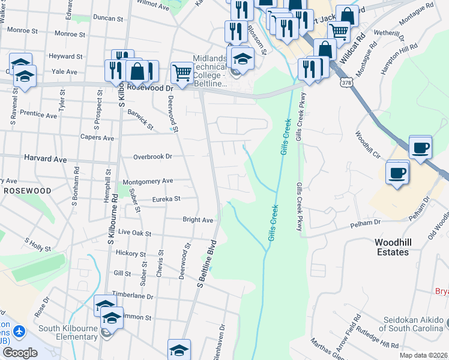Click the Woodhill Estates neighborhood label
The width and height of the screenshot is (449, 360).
pos(400,247)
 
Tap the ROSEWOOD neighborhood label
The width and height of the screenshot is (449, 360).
pos(28,190)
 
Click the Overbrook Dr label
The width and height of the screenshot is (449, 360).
pos(152,157)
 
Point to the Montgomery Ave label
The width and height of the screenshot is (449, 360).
pos(147,181)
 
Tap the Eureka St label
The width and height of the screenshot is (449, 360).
pos(166,199)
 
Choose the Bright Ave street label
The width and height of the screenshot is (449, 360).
pos(198,220)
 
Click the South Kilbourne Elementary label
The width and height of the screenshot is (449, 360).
pos(68,332)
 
